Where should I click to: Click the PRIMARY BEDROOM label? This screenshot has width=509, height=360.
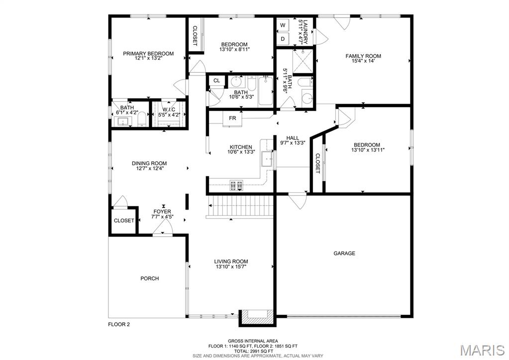tap(148, 54)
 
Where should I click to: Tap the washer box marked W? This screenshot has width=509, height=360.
tap(283, 25)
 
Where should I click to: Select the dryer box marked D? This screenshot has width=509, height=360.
tap(283, 39)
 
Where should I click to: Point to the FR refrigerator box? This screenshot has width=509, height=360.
tap(232, 119)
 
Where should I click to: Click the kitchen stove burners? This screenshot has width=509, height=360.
tap(236, 186)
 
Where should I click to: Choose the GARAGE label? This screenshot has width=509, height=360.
tap(344, 253)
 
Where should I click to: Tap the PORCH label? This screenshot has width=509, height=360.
tap(150, 278)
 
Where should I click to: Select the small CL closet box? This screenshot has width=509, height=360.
tap(216, 81)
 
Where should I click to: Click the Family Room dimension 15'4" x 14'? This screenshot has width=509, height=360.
tap(363, 61)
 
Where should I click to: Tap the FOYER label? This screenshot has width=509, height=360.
tap(162, 212)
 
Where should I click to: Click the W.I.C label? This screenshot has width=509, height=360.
tap(169, 110)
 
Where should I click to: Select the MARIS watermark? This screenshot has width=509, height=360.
tap(483, 350)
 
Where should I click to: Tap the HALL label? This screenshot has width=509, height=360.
tap(293, 138)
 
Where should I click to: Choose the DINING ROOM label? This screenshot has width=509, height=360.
tap(149, 163)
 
